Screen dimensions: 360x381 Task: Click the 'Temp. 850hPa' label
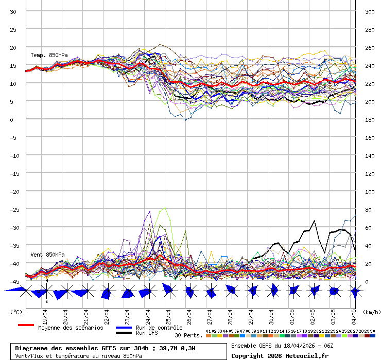49,55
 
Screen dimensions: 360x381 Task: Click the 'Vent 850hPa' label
47,255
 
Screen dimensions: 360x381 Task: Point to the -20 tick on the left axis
14,191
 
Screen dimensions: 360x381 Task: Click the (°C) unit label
16,311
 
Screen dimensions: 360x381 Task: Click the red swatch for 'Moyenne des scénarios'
26,325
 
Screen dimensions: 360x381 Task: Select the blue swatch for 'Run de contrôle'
124,328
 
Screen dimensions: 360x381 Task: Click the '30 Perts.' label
188,335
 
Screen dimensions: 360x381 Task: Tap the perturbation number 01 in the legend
208,331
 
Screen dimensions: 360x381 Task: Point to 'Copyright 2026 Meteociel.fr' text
280,355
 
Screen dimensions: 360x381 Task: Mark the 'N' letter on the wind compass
47,281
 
